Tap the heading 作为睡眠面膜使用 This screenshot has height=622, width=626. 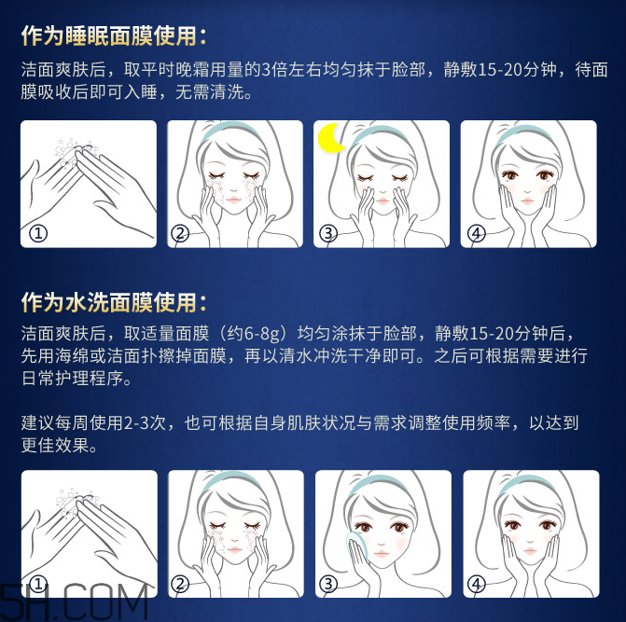(114, 36)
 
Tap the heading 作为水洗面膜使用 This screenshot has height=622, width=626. (114, 302)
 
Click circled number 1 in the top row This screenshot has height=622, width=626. (38, 233)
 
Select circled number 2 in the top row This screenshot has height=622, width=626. (181, 233)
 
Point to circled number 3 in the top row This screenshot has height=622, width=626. (327, 233)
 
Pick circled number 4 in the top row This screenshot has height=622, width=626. (477, 233)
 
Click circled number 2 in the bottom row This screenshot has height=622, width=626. (181, 585)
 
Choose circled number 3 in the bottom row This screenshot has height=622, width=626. (327, 585)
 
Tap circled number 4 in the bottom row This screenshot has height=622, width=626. (477, 585)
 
